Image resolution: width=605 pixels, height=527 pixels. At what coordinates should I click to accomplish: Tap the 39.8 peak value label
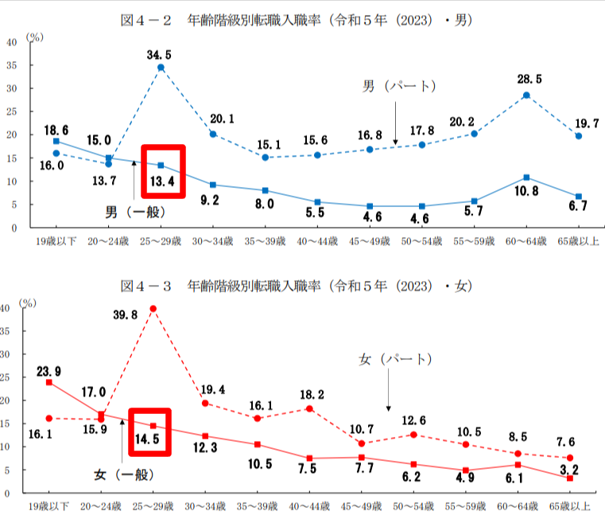125,315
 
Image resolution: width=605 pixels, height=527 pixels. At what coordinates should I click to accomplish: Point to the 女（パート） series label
394,360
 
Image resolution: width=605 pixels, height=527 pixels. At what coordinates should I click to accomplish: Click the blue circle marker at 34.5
161,68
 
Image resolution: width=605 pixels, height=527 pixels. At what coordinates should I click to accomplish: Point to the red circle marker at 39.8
153,309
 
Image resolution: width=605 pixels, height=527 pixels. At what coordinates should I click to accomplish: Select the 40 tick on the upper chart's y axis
12,42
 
